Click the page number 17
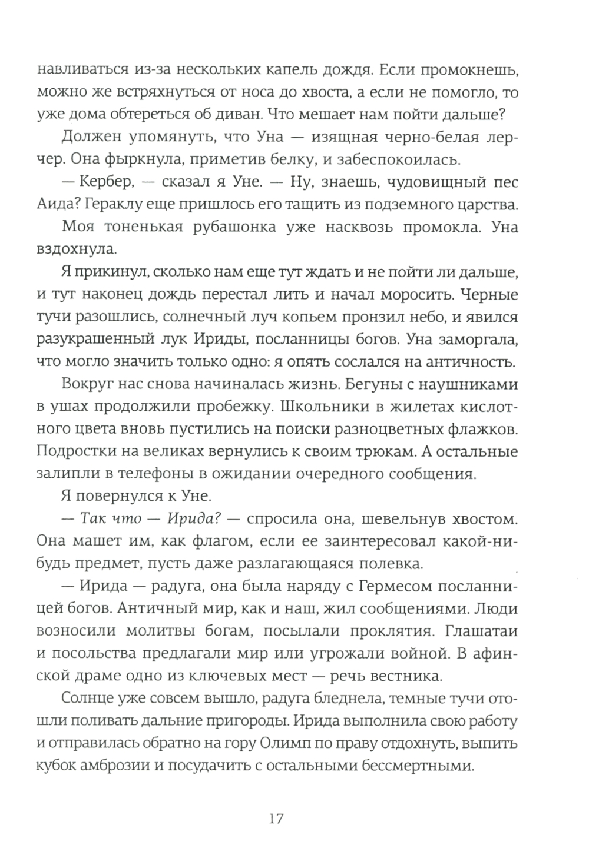point(276,819)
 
